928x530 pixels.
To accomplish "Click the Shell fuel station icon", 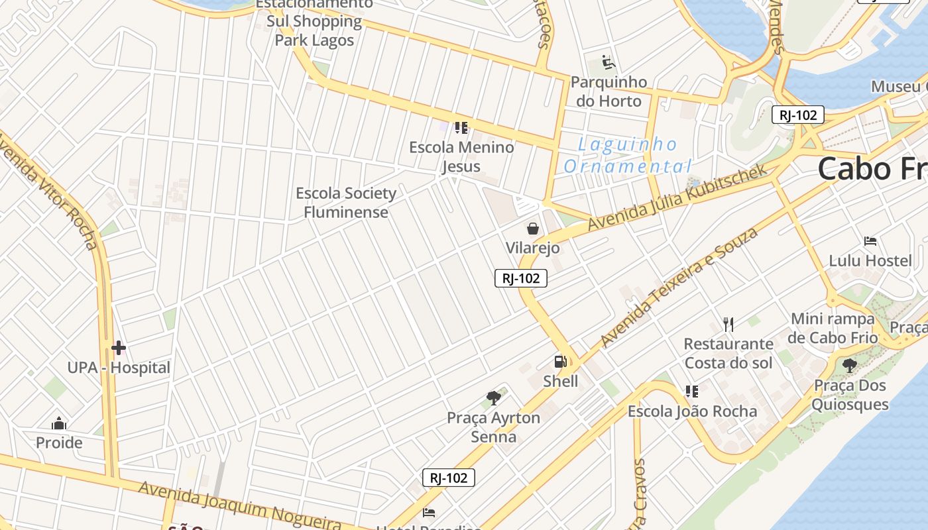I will (x=561, y=362).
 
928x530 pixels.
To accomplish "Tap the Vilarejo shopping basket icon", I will (x=532, y=229).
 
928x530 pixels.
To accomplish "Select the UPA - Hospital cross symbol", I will (x=119, y=347).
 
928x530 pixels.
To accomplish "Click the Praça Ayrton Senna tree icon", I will (x=493, y=397).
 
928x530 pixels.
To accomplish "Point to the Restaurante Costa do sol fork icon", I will (x=728, y=324).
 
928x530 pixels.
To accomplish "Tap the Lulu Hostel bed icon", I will (x=870, y=240).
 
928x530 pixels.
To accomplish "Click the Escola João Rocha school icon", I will (x=692, y=392).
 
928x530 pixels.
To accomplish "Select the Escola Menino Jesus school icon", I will (x=461, y=127).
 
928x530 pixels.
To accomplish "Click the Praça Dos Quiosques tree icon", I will (x=849, y=364).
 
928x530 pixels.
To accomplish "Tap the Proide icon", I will (x=59, y=423).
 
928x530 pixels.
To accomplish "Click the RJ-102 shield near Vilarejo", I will (x=521, y=278).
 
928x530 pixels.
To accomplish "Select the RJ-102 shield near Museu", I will (x=797, y=115).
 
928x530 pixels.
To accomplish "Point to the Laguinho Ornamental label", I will (x=627, y=155).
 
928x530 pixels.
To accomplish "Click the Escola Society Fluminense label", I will (x=346, y=203).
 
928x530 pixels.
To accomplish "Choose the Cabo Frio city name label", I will (x=872, y=168).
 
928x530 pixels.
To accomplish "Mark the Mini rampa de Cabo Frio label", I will (x=833, y=328).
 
